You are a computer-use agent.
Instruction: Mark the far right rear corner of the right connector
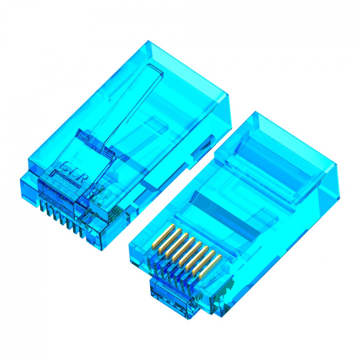[337, 166]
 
